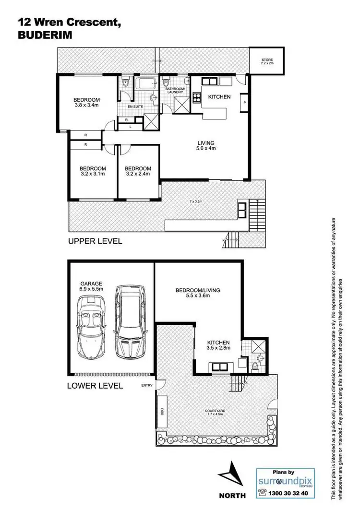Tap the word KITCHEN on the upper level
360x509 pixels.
[x=219, y=97]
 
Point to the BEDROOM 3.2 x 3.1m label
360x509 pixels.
[x=93, y=171]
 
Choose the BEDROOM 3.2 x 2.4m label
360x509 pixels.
[x=138, y=171]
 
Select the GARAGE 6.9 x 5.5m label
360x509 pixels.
[x=92, y=287]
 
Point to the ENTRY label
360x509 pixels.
[x=146, y=386]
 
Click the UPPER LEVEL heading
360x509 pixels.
[x=95, y=241]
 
